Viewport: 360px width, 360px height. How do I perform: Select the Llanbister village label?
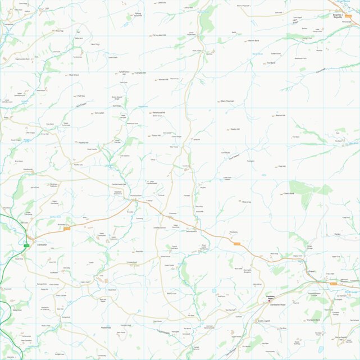(41, 245)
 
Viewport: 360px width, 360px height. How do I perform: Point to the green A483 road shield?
(26, 245)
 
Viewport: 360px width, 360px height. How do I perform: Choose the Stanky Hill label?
(235, 129)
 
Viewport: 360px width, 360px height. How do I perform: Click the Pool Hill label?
(283, 166)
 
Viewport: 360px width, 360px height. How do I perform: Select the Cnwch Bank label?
(289, 193)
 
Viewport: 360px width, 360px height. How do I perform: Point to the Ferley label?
(338, 234)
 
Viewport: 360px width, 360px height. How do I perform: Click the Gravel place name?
(311, 271)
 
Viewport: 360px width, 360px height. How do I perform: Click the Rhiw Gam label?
(274, 254)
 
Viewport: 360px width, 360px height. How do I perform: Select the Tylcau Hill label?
(156, 135)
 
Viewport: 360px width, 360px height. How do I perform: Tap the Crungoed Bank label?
(313, 320)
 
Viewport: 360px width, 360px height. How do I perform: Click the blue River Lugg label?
(351, 291)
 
